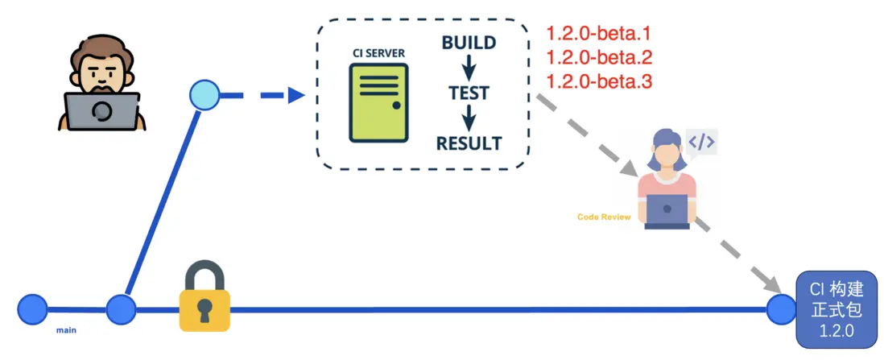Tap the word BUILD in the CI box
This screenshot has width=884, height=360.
469,43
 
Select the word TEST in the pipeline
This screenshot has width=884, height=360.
469,93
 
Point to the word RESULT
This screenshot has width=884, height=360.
469,143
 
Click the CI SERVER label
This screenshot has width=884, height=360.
378,53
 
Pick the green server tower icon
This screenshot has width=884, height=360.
378,103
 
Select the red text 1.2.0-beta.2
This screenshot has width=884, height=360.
598,58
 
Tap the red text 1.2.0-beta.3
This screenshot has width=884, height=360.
598,81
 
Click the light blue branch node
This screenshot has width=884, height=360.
204,96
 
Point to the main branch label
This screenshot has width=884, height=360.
66,329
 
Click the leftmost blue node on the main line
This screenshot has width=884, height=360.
33,309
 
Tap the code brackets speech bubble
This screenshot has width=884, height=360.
700,143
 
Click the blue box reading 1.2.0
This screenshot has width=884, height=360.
836,309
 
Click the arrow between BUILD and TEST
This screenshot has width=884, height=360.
469,68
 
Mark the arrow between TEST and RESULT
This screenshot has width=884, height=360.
469,118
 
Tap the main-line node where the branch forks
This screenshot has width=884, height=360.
121,309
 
